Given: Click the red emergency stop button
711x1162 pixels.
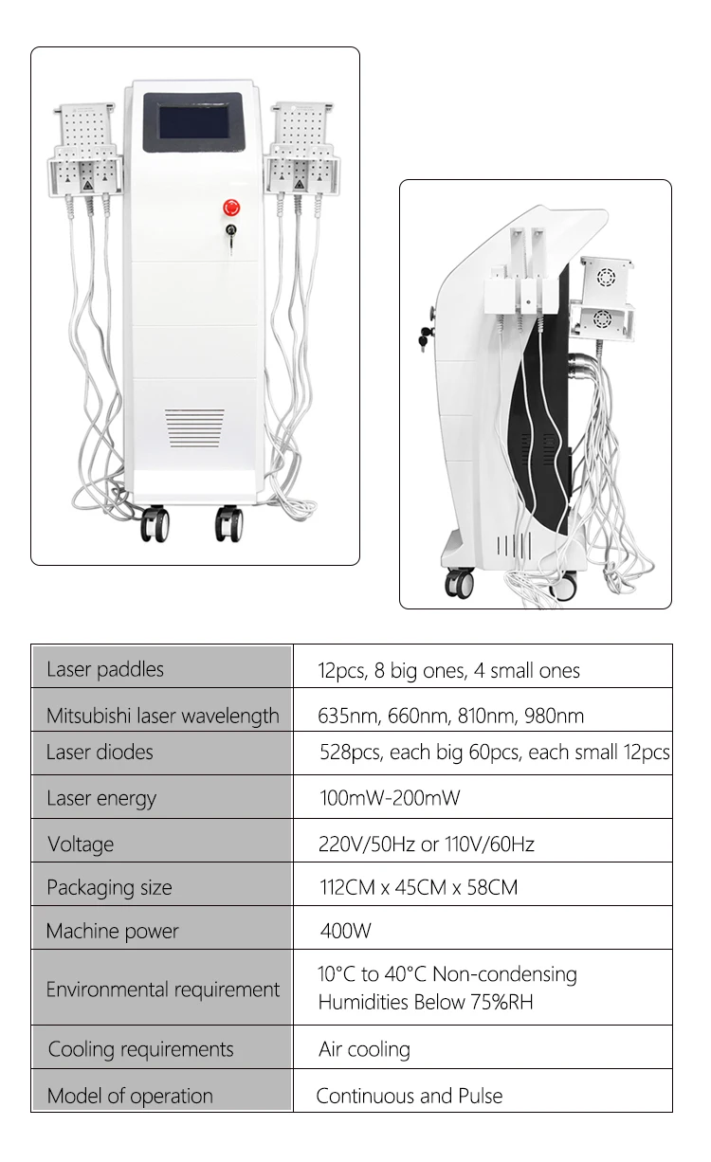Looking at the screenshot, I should pyautogui.click(x=230, y=206).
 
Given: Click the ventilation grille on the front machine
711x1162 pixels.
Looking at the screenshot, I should pyautogui.click(x=196, y=427).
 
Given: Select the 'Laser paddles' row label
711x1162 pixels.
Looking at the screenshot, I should pyautogui.click(x=105, y=669).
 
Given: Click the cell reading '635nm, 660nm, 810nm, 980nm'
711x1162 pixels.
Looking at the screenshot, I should pyautogui.click(x=450, y=716).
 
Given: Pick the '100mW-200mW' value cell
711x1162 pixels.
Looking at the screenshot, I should pyautogui.click(x=390, y=798).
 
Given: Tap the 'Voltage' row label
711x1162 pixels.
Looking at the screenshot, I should pyautogui.click(x=81, y=844).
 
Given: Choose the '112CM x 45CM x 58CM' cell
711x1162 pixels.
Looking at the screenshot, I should pyautogui.click(x=418, y=888).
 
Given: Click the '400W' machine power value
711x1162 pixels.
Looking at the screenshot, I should pyautogui.click(x=346, y=931).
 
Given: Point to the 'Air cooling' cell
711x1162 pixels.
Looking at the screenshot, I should pyautogui.click(x=365, y=1049).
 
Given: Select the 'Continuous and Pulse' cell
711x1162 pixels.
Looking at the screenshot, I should pyautogui.click(x=410, y=1096).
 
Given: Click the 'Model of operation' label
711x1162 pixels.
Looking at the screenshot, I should pyautogui.click(x=130, y=1096).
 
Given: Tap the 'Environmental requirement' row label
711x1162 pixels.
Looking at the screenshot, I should pyautogui.click(x=163, y=990).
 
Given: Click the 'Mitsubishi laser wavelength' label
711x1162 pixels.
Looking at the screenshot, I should pyautogui.click(x=163, y=716).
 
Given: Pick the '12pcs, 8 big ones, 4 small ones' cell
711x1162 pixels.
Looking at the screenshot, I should pyautogui.click(x=448, y=671).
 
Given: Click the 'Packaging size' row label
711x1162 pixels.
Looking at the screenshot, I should pyautogui.click(x=109, y=888).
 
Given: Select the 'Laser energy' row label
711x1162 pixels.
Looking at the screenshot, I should pyautogui.click(x=101, y=798).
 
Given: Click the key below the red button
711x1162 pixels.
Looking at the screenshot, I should pyautogui.click(x=230, y=235).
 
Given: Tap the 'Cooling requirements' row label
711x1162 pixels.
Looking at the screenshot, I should pyautogui.click(x=140, y=1049).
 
